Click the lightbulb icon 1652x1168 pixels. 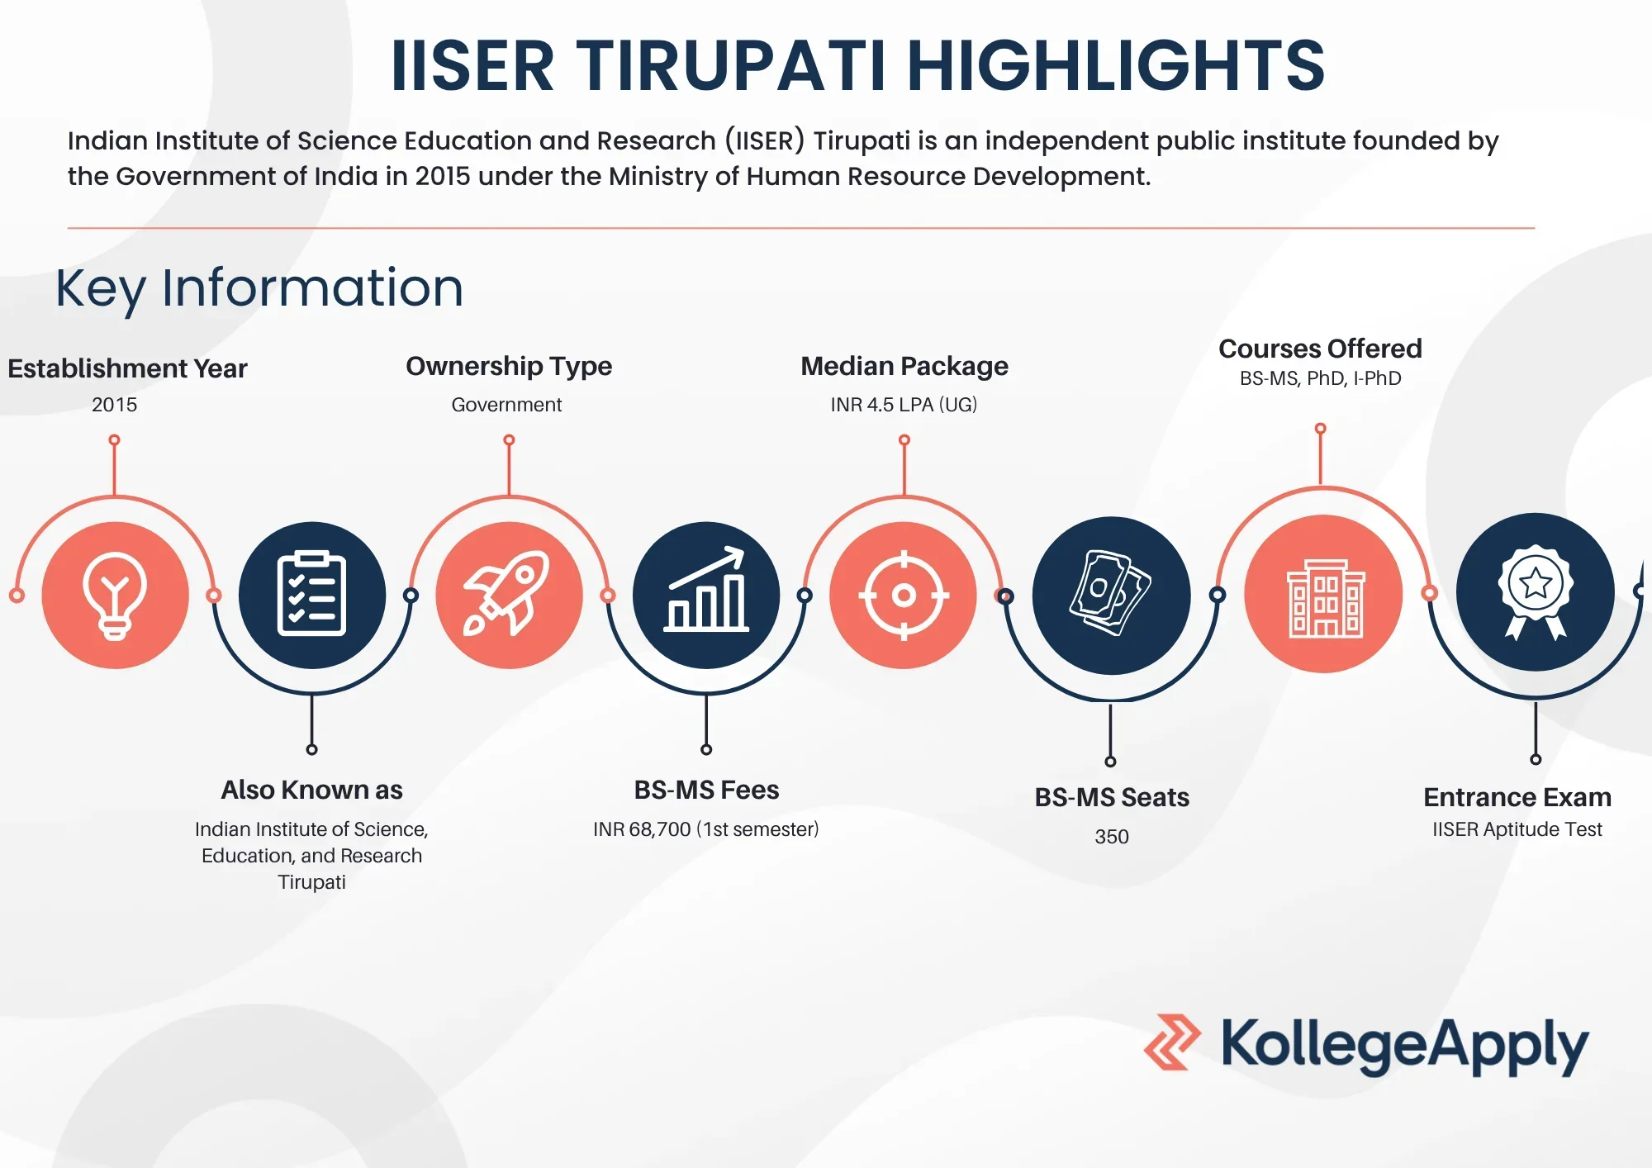coord(115,595)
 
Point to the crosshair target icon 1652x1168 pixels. coord(904,595)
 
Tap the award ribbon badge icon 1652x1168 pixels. coord(1535,591)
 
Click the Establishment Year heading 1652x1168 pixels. coord(127,368)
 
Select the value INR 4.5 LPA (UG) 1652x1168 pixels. coord(904,405)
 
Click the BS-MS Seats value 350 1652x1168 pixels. coord(1111,837)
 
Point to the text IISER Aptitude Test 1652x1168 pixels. coord(1517,829)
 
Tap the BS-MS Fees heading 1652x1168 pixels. coord(706,791)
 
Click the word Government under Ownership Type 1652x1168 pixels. coord(506,405)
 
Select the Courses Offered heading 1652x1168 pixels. coord(1320,349)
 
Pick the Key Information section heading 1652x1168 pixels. coord(259,288)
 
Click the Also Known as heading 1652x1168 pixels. coord(311,791)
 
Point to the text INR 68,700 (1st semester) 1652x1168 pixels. coord(705,829)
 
